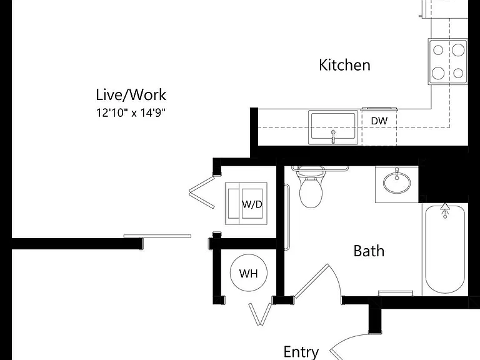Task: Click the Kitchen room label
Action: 344,65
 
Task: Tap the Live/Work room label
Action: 131,94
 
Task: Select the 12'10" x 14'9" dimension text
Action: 131,112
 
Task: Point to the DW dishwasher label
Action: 379,121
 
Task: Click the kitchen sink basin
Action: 333,127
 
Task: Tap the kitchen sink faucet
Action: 333,136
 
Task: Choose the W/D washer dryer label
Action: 252,204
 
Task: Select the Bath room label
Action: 369,251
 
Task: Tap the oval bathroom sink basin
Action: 397,182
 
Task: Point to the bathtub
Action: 445,249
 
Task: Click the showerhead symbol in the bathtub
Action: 445,210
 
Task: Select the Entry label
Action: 301,352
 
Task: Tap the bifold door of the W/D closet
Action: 202,192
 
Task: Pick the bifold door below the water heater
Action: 260,314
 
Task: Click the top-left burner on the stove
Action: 438,50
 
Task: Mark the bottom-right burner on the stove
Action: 458,73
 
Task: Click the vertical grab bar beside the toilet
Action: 287,217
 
